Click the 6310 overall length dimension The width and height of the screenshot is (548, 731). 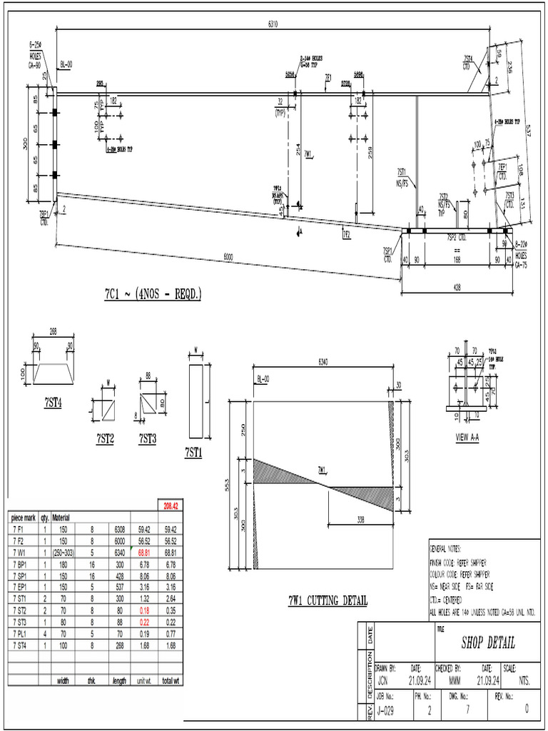[x=273, y=24]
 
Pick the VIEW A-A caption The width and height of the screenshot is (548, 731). [x=467, y=437]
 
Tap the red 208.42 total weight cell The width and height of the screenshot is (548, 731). [x=170, y=505]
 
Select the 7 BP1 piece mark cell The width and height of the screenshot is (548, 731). [x=21, y=564]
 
